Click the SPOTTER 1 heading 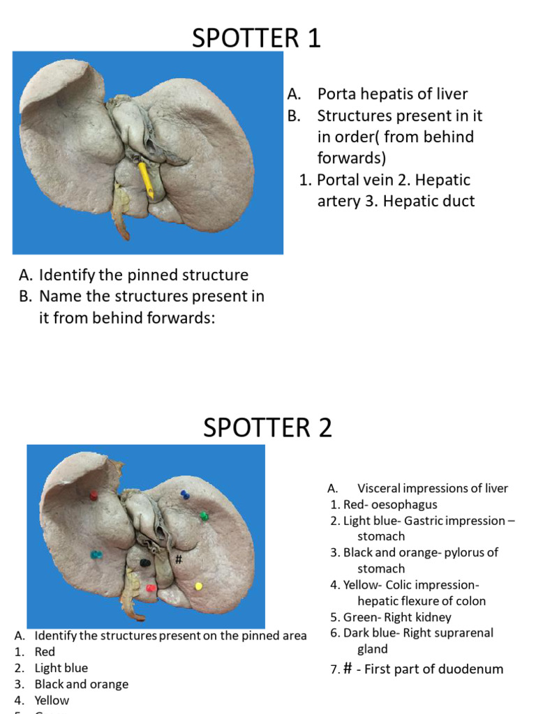point(256,38)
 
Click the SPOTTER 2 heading point(267,427)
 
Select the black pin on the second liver point(145,563)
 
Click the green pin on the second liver point(204,516)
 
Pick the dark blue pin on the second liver point(185,494)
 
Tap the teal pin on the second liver point(96,555)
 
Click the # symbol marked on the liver point(179,559)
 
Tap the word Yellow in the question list point(52,700)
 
